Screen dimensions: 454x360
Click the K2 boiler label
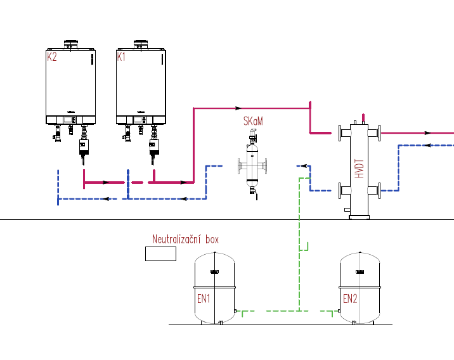point(52,56)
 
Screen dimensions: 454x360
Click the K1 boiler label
point(121,56)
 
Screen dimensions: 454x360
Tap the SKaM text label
point(253,121)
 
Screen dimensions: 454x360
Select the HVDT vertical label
point(360,169)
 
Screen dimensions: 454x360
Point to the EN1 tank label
point(204,299)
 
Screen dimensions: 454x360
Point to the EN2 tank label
point(350,299)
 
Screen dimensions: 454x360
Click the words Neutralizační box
point(185,240)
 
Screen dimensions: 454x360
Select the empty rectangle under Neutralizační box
point(160,254)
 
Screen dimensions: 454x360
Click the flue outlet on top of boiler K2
point(71,44)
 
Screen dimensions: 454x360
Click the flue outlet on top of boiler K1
point(141,44)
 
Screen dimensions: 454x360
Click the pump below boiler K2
point(84,147)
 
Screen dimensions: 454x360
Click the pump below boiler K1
point(154,147)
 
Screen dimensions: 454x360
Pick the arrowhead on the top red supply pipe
point(238,108)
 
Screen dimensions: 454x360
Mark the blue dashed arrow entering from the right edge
point(428,145)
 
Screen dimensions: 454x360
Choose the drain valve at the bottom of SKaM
point(254,193)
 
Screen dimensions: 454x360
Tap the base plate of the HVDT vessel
point(360,217)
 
